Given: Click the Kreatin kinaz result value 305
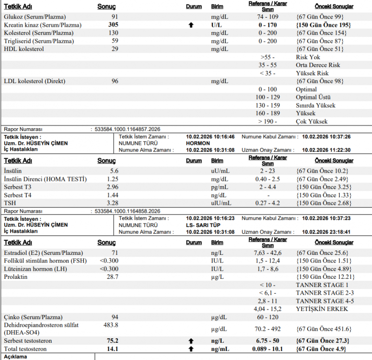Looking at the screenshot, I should [113, 24].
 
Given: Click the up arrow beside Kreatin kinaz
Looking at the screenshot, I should [191, 25].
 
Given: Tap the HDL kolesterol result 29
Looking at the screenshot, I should [115, 49].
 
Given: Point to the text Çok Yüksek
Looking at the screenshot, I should [312, 121].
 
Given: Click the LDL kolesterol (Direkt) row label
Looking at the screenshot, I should [35, 81].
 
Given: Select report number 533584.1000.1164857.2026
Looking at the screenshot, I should [128, 130].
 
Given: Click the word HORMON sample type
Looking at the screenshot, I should [198, 143].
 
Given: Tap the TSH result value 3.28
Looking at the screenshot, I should [112, 203].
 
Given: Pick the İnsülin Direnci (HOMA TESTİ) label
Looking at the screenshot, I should [45, 179].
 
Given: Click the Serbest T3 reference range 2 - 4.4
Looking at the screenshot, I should [267, 187].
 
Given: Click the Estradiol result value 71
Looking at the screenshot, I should [115, 252].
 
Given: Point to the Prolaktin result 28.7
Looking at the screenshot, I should [113, 277].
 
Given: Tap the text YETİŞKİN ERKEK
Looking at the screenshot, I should [322, 309].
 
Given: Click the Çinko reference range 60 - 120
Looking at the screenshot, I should [267, 317].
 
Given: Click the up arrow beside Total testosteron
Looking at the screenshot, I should [191, 349].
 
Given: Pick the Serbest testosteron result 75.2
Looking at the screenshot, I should [113, 341].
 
